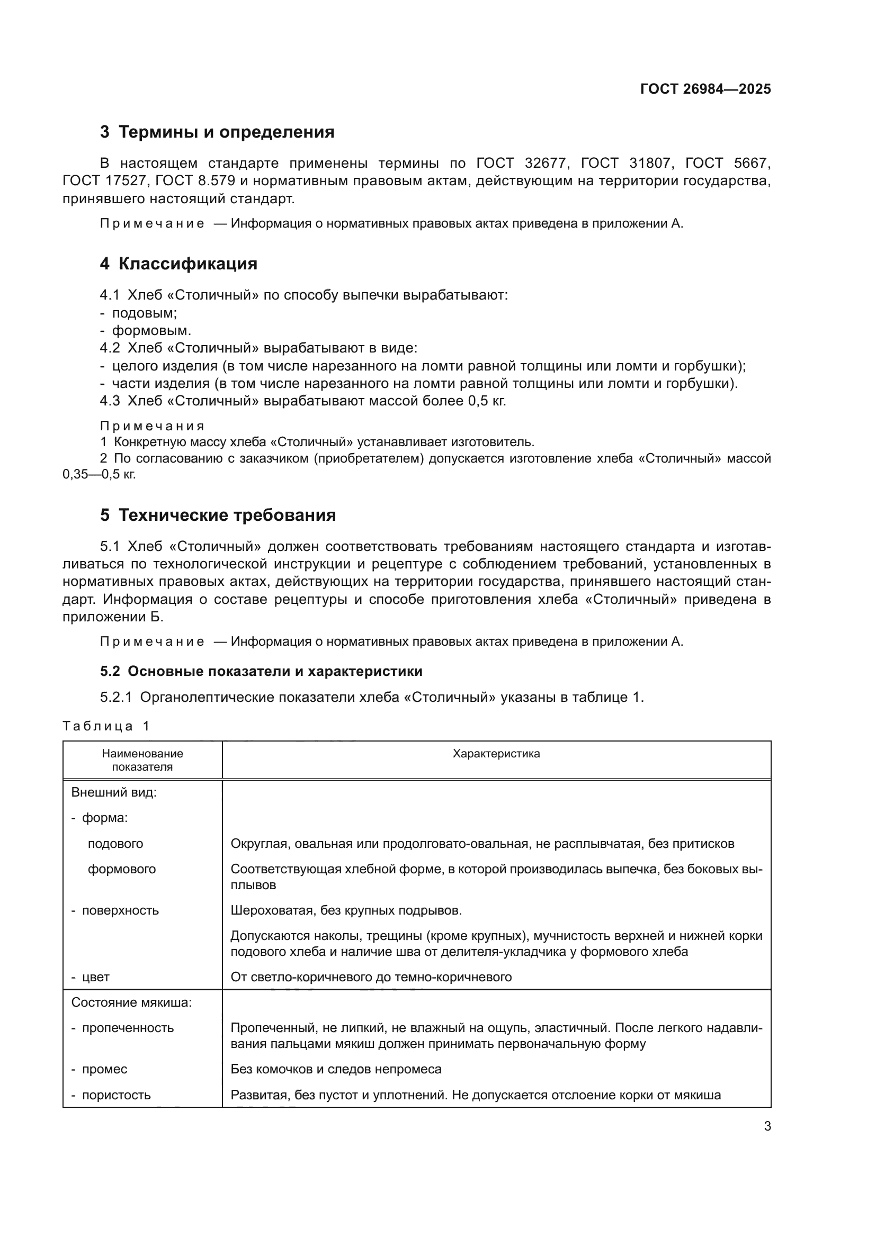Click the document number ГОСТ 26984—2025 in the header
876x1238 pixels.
coord(705,89)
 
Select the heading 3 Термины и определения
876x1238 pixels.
coord(217,132)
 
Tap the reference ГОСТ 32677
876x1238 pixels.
coord(522,163)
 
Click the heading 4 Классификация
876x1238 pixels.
coord(178,264)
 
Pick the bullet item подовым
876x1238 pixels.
coord(144,313)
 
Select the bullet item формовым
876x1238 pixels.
coord(151,330)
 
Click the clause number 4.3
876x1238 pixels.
coord(110,401)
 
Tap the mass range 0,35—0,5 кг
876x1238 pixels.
coord(99,474)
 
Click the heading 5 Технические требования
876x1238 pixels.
coord(218,515)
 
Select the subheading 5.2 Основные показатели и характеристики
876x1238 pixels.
coord(261,671)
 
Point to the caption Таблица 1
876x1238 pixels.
coord(106,726)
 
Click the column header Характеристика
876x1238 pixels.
coord(496,754)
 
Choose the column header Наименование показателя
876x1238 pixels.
coord(142,760)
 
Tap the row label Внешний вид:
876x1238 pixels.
coord(114,793)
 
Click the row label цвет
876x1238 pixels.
coord(95,977)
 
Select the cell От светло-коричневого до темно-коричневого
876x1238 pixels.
coord(371,977)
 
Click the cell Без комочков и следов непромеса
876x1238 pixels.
coord(335,1069)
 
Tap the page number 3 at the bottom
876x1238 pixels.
coord(767,1126)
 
